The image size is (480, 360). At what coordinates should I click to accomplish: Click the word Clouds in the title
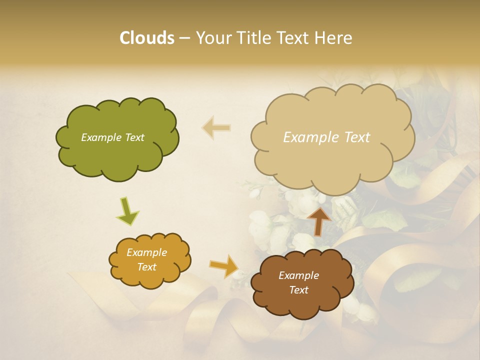pos(147,37)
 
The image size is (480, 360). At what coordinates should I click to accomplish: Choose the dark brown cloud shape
pos(300,305)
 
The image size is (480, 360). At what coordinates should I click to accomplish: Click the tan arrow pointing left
pos(216,128)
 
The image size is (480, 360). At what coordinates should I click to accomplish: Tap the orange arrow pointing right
pos(224,265)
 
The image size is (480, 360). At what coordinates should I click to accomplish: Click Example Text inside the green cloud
pos(112,137)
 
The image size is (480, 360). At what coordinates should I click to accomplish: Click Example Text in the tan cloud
pos(326,137)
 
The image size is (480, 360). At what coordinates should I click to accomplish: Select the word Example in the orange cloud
pos(146,252)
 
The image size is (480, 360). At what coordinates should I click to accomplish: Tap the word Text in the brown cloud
pos(298,290)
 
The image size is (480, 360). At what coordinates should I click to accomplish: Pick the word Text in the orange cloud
pos(146,267)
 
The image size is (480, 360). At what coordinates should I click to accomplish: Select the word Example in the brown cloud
pos(298,275)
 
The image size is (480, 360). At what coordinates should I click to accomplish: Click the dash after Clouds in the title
pos(184,38)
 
